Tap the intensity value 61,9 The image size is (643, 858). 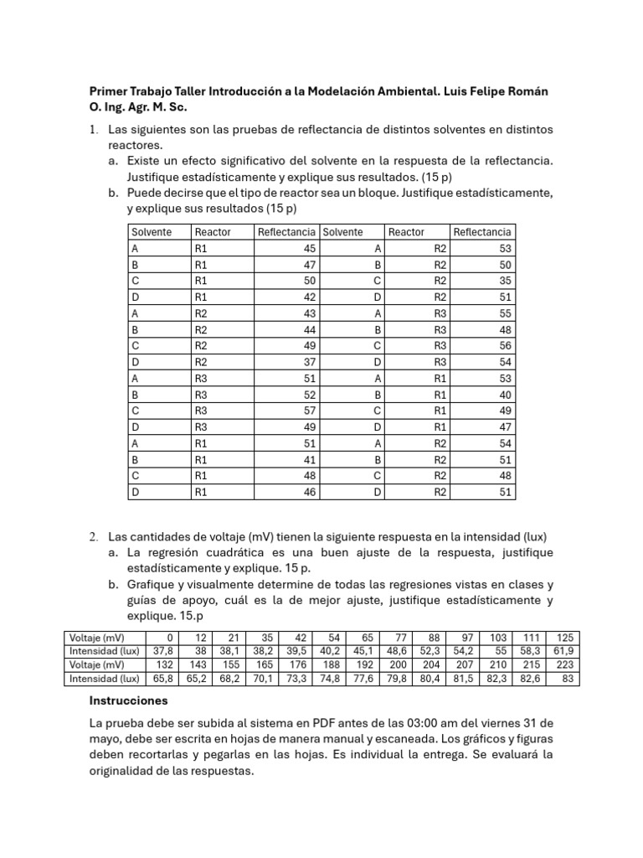[563, 650]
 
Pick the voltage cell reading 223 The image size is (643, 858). [565, 664]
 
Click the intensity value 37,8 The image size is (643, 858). [159, 650]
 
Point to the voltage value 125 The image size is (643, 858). [565, 637]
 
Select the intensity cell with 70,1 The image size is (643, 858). [264, 679]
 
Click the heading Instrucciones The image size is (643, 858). [128, 700]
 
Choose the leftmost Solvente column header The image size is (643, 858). [152, 232]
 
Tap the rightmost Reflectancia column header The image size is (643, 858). [481, 232]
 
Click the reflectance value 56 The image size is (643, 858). [502, 345]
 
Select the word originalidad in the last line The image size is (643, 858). [123, 772]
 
